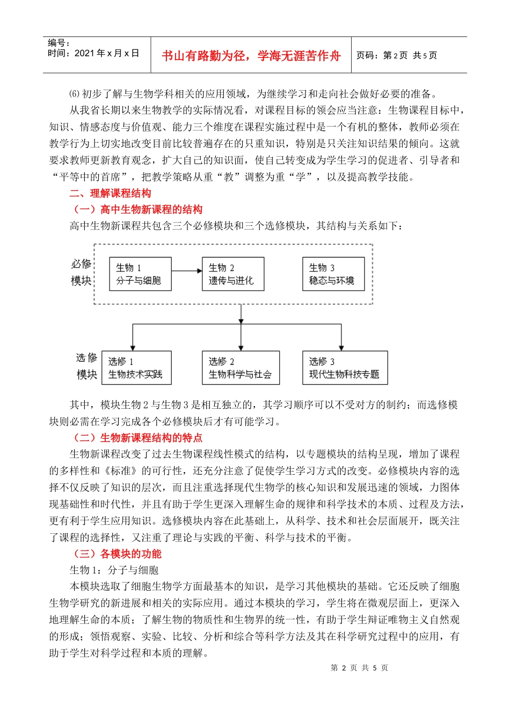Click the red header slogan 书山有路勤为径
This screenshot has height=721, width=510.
pyautogui.click(x=251, y=56)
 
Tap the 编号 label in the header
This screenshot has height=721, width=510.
pyautogui.click(x=59, y=43)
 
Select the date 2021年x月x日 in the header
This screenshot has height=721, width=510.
pyautogui.click(x=93, y=53)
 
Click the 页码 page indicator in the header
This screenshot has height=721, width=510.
pyautogui.click(x=397, y=55)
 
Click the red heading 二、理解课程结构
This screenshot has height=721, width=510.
pyautogui.click(x=110, y=193)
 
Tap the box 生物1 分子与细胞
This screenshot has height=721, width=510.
pyautogui.click(x=140, y=274)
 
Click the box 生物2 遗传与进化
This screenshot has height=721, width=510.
pyautogui.click(x=232, y=274)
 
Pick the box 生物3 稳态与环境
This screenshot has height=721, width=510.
pyautogui.click(x=333, y=274)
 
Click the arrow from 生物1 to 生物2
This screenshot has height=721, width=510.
pyautogui.click(x=186, y=271)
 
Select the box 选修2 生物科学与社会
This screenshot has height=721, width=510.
pyautogui.click(x=241, y=368)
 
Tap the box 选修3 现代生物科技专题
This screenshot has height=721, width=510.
pyautogui.click(x=345, y=368)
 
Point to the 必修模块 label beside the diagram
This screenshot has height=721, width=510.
pyautogui.click(x=82, y=272)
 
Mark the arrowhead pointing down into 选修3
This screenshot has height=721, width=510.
pyautogui.click(x=341, y=348)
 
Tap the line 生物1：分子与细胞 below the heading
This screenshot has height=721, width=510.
pyautogui.click(x=114, y=570)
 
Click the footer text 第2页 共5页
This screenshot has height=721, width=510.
pyautogui.click(x=359, y=668)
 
